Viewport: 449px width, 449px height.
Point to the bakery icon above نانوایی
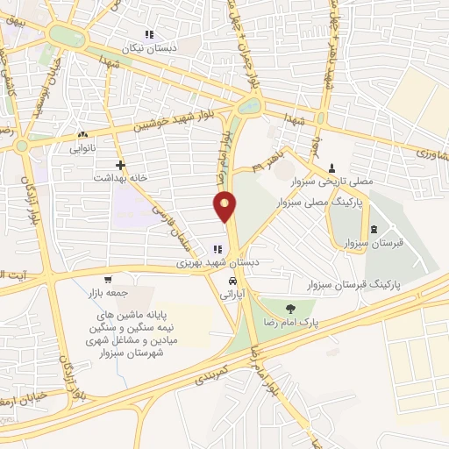coord(82,135)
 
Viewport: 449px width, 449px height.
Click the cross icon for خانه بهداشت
coord(120,164)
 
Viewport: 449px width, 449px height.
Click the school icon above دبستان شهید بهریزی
coord(217,250)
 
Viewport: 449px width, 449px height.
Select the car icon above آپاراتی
coord(232,282)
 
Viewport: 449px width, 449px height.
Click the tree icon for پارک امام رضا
coord(289,308)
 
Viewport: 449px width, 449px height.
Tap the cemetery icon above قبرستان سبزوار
coord(374,230)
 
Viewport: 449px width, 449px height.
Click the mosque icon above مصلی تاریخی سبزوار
coord(331,167)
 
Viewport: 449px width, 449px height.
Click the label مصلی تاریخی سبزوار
coord(333,182)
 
